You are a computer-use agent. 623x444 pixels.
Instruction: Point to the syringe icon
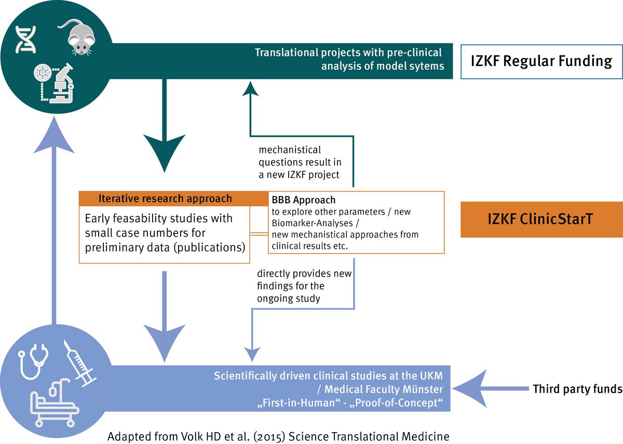point(80,363)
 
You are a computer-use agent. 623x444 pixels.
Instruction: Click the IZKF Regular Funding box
point(541,61)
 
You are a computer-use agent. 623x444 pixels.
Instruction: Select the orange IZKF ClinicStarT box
point(541,219)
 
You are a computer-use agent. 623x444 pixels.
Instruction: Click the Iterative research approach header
point(166,199)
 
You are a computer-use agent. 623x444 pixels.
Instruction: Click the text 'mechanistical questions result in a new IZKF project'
point(299,162)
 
